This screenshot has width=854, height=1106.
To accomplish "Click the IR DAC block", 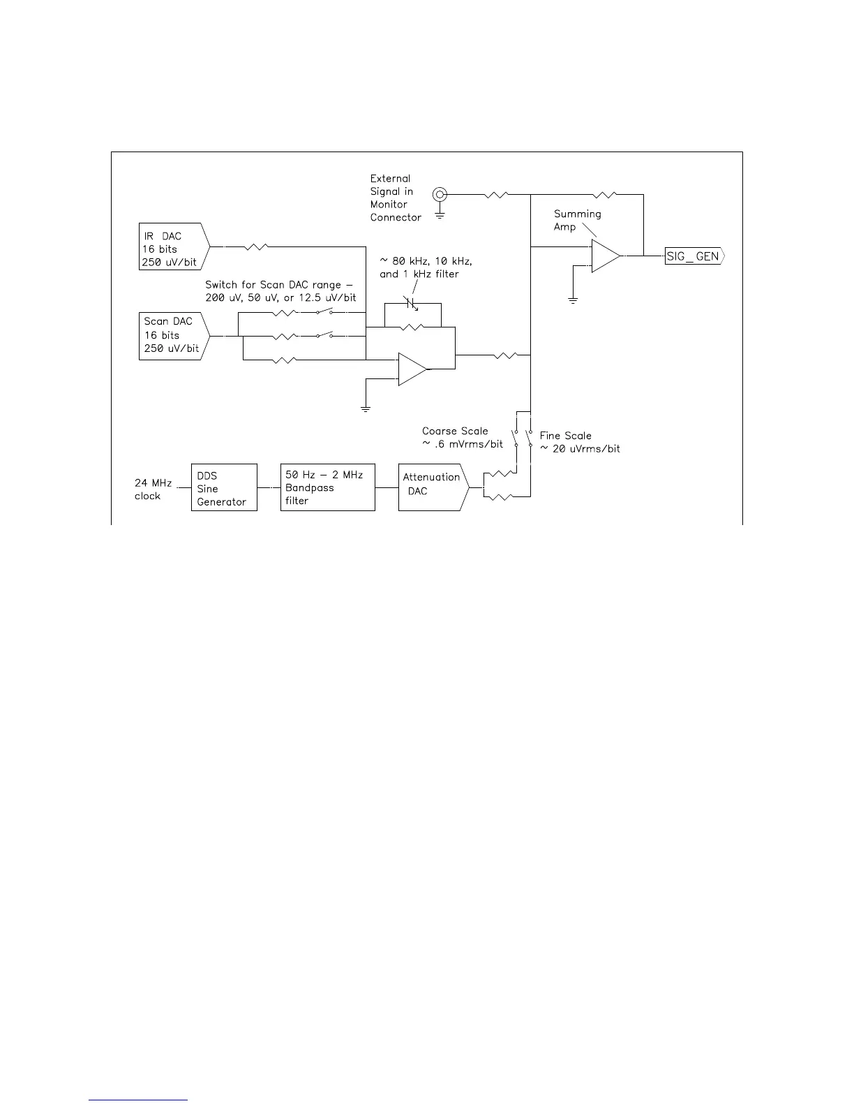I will point(173,249).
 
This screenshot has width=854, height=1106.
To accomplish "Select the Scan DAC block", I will point(173,335).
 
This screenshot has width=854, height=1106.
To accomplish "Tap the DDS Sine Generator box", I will point(224,488).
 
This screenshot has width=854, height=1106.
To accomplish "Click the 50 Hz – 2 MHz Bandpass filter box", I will point(327,487).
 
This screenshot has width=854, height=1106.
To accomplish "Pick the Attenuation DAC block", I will point(431,487).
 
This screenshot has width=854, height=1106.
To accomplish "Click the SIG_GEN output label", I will point(694,256).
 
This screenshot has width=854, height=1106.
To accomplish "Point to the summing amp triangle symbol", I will point(605,256).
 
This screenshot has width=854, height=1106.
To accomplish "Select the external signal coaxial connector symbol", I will point(440,194).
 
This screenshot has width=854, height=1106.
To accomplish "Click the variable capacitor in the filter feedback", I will point(411,304).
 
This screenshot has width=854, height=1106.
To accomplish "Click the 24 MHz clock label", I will point(153,489).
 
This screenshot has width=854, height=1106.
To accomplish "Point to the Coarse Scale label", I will point(455,431).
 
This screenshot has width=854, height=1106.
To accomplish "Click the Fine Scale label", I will point(565,436).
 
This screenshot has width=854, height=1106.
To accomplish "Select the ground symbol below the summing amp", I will point(572,300).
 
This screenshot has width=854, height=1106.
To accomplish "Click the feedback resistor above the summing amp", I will point(604,194).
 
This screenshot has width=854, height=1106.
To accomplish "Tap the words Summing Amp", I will point(576,220).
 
